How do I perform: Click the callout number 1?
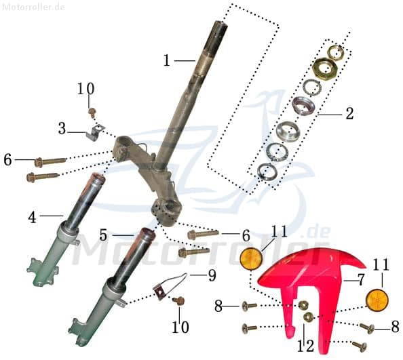[x=167, y=60]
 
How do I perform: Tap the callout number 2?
[x=349, y=114]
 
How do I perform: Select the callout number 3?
[x=62, y=127]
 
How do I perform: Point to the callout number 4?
[x=32, y=217]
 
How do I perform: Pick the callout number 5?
[x=103, y=235]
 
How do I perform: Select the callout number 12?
[x=305, y=346]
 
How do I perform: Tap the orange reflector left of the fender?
[x=251, y=259]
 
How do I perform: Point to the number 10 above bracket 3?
[x=85, y=89]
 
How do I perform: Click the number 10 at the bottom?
[x=179, y=328]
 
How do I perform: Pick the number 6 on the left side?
[x=7, y=160]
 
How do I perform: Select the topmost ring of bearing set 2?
[x=336, y=52]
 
